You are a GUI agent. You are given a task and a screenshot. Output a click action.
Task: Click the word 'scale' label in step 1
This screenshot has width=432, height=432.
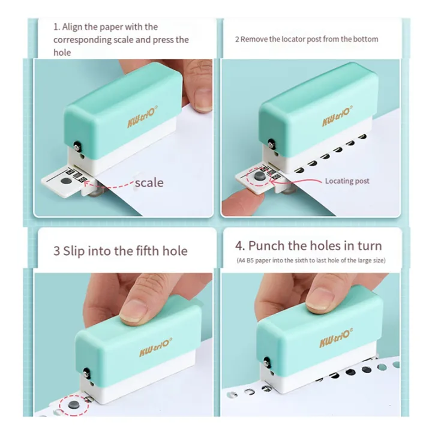(x=149, y=182)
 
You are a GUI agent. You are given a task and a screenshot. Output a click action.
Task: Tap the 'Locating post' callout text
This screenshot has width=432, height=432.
(x=347, y=181)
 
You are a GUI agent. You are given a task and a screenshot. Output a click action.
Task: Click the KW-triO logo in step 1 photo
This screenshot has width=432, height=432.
(x=142, y=116)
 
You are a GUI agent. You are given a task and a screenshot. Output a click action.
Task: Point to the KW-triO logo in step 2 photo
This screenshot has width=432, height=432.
(x=337, y=116)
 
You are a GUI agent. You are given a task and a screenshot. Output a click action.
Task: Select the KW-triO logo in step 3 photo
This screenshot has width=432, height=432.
(x=155, y=347)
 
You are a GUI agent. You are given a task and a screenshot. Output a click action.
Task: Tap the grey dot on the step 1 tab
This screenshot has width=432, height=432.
(x=66, y=181)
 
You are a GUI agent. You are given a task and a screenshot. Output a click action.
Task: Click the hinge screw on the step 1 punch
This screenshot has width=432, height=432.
(x=77, y=146)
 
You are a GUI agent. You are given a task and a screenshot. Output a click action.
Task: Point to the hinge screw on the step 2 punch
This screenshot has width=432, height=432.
(x=271, y=144)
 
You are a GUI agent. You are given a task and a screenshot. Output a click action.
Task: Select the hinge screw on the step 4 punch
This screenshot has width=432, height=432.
(x=267, y=362)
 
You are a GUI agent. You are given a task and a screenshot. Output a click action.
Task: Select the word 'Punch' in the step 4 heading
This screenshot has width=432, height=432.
(x=266, y=245)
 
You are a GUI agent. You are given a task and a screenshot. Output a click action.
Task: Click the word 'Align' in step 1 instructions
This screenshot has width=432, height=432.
(x=72, y=27)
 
